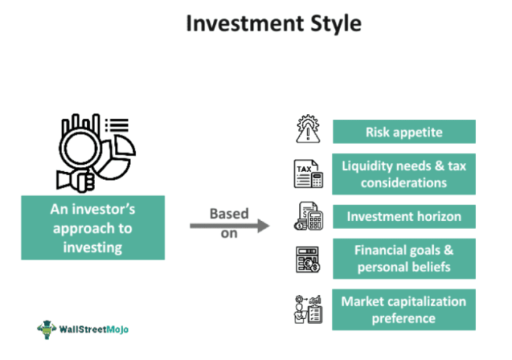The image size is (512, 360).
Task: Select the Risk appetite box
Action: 404,132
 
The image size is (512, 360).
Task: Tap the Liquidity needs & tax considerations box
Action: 404,174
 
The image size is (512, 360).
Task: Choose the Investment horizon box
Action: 404,217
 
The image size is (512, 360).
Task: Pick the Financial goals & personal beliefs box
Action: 404,258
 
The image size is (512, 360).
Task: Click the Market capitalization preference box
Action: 404,309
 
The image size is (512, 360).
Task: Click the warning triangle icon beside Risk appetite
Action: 306,130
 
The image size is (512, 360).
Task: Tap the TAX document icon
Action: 307,174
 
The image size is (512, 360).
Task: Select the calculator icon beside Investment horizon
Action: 308,216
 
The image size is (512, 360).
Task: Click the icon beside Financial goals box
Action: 307,260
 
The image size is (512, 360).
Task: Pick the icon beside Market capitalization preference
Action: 307,309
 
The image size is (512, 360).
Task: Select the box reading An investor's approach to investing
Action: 93,228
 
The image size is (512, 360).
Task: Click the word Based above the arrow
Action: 229,214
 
